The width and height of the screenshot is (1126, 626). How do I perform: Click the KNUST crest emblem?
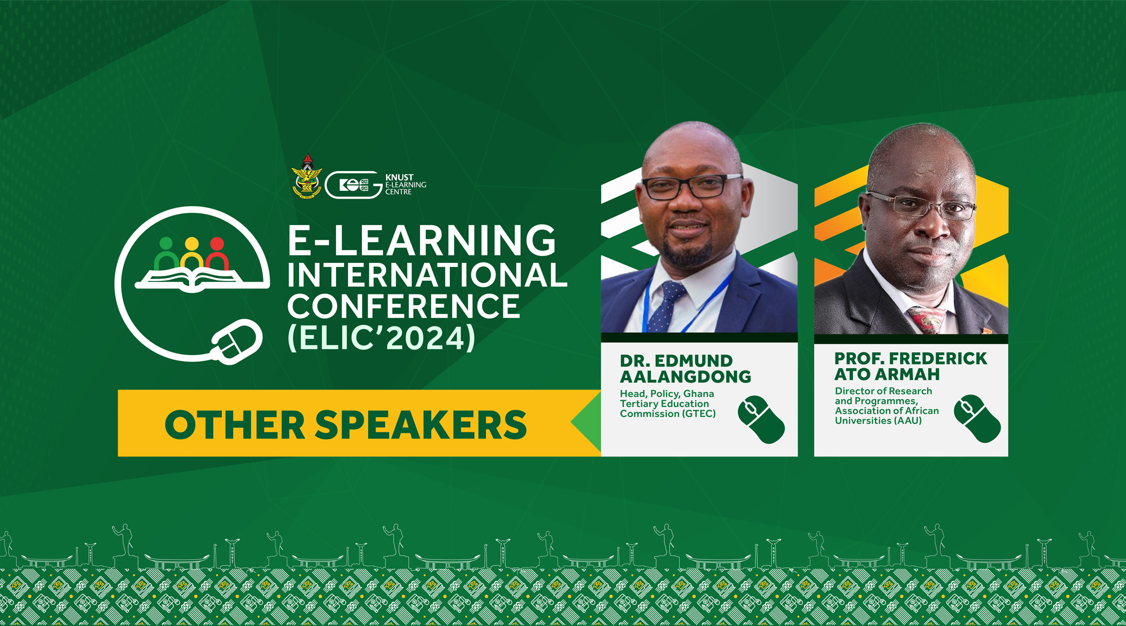pos(307,176)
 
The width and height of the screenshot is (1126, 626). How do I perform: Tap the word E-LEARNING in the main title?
pos(422,240)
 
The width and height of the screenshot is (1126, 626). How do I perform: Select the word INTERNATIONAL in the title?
pos(427,275)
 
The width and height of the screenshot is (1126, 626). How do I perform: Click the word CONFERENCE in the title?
pos(404,306)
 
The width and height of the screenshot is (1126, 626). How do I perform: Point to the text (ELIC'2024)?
pos(382,338)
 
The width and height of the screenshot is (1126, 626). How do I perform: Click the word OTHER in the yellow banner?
pos(235,424)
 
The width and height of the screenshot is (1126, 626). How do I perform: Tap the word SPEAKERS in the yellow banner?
pos(421,424)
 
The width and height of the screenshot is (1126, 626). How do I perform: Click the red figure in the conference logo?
pos(217,254)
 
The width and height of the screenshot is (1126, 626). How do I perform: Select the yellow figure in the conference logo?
pos(192,254)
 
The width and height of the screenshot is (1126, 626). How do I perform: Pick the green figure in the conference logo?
pos(166,254)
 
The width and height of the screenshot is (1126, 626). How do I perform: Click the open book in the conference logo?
pos(192,279)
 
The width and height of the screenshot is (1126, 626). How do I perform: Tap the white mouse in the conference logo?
pos(237,342)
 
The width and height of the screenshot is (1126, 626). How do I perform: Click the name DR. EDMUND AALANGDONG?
pos(685,369)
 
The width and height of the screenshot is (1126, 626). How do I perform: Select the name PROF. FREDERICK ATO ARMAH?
pos(910,366)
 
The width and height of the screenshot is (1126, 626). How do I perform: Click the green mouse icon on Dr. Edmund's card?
pos(761,419)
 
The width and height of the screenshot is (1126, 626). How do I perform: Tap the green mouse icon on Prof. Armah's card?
pos(977,418)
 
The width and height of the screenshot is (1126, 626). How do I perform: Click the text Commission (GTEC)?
pos(668,414)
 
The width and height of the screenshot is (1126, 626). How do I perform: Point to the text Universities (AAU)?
pos(878,421)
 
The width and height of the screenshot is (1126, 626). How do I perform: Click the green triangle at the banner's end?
pos(586,422)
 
